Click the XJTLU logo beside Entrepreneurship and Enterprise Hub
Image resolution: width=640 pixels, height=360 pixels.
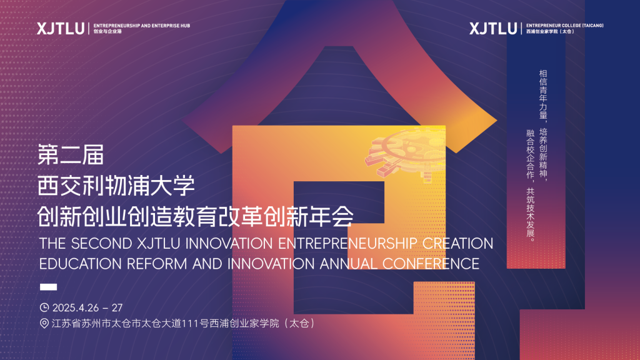click(x=61, y=28)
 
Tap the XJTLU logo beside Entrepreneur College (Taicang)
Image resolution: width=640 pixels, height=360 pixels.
click(x=493, y=28)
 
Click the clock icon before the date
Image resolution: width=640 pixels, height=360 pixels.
click(x=44, y=307)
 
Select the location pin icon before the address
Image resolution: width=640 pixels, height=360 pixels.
click(x=44, y=323)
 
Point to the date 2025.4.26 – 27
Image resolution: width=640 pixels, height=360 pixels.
click(x=87, y=307)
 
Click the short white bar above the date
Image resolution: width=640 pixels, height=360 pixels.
click(x=48, y=287)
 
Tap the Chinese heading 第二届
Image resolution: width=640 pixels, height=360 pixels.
click(x=71, y=155)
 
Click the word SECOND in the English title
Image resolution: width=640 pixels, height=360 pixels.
click(x=101, y=244)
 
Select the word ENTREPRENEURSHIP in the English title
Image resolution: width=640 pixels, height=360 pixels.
click(x=347, y=244)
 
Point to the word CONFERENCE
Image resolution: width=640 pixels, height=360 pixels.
click(x=431, y=264)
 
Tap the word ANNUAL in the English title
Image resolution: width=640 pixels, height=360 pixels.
click(x=348, y=264)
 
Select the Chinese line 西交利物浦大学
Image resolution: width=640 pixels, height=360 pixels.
click(x=116, y=186)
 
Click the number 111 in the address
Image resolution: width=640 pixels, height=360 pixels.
click(x=189, y=324)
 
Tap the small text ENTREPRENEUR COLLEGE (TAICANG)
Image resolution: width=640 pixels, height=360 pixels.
click(x=564, y=25)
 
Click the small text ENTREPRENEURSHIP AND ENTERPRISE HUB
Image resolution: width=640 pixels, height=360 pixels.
click(x=142, y=25)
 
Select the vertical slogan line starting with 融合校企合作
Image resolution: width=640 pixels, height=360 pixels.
click(x=530, y=186)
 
